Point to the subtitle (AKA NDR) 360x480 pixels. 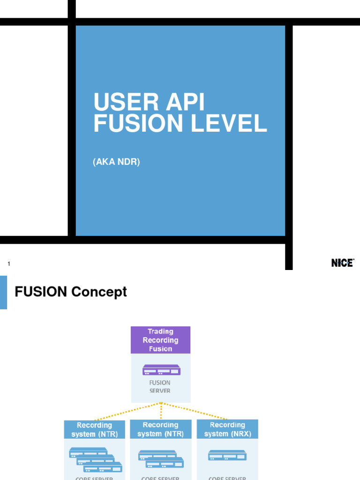117,162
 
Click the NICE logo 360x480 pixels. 343,263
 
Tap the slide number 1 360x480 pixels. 9,264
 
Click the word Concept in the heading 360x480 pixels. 99,292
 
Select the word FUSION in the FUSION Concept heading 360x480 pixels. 41,292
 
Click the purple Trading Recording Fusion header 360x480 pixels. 161,340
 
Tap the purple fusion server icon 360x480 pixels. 161,370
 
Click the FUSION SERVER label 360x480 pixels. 160,386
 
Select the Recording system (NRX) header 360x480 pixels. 227,429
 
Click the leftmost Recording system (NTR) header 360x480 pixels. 95,429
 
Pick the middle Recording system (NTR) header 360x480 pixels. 161,429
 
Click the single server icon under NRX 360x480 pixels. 227,455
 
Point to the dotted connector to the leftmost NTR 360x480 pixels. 127,411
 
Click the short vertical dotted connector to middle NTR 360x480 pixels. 161,411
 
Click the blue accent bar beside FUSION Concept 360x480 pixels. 3,292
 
